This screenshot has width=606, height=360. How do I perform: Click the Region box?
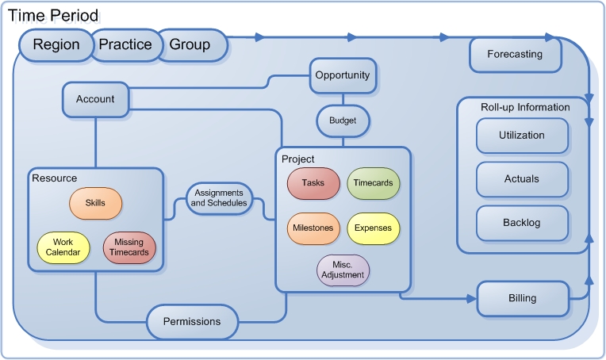[x=56, y=45]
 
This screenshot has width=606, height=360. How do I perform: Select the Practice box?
[x=125, y=45]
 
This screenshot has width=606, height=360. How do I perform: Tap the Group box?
[x=190, y=45]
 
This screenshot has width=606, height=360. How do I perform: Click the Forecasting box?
[x=516, y=55]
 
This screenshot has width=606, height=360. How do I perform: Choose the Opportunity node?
[x=342, y=75]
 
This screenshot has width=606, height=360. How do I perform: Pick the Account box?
[x=95, y=99]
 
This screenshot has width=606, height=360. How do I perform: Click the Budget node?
[x=343, y=121]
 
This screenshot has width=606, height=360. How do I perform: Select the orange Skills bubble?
[x=95, y=203]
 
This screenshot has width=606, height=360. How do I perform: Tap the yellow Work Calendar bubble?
[x=63, y=247]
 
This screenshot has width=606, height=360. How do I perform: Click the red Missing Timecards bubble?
[x=130, y=247]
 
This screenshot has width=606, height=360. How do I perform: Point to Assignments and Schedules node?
[x=219, y=197]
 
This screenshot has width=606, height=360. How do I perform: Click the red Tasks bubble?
[x=313, y=183]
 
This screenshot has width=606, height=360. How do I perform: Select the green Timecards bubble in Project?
[x=374, y=183]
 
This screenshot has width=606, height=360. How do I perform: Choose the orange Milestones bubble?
[x=313, y=228]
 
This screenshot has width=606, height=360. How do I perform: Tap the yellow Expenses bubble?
[x=374, y=228]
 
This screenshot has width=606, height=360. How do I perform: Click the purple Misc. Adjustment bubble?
[x=343, y=270]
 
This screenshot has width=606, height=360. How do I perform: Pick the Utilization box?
[x=522, y=136]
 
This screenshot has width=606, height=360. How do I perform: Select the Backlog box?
[x=522, y=223]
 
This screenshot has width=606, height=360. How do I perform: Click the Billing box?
[x=523, y=298]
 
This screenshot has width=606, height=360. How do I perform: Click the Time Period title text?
[x=55, y=15]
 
